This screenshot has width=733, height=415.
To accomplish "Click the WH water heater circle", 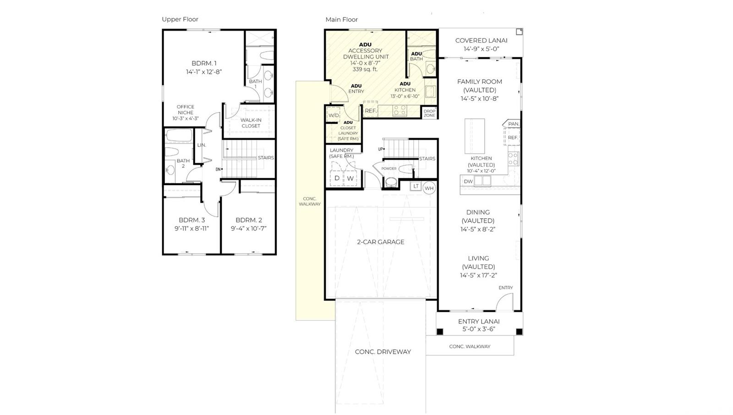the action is tap(429, 188).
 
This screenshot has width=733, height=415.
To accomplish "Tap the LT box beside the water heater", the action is tap(416, 186).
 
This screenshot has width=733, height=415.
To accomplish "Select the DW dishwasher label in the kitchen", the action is tap(468, 181).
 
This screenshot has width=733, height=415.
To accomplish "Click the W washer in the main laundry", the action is tap(350, 178).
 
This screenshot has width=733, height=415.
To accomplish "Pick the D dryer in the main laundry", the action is tap(337, 178).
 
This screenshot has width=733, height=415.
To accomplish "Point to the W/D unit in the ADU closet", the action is tap(334, 115).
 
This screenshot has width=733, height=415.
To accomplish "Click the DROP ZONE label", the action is tap(429, 113).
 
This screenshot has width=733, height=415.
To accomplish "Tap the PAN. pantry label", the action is tap(514, 124).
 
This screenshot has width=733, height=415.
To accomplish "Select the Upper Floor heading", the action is tap(180, 19).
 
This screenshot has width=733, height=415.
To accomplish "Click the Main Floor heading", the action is tap(341, 20).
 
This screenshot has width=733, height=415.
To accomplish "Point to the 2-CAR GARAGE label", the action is tap(380, 242).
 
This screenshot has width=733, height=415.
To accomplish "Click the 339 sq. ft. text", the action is tap(365, 69).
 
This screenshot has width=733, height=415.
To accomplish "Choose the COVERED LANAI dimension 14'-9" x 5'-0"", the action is tap(481, 49).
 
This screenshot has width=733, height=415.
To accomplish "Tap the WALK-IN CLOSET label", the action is tap(251, 123).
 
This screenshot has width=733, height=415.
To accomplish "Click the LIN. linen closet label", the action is tap(202, 145).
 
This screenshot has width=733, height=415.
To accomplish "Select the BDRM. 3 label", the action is tap(192, 220).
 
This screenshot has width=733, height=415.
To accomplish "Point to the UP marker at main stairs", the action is tap(381, 149).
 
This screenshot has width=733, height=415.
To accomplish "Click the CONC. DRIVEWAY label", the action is tap(383, 352).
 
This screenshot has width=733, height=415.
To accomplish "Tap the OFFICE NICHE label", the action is tap(185, 110).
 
